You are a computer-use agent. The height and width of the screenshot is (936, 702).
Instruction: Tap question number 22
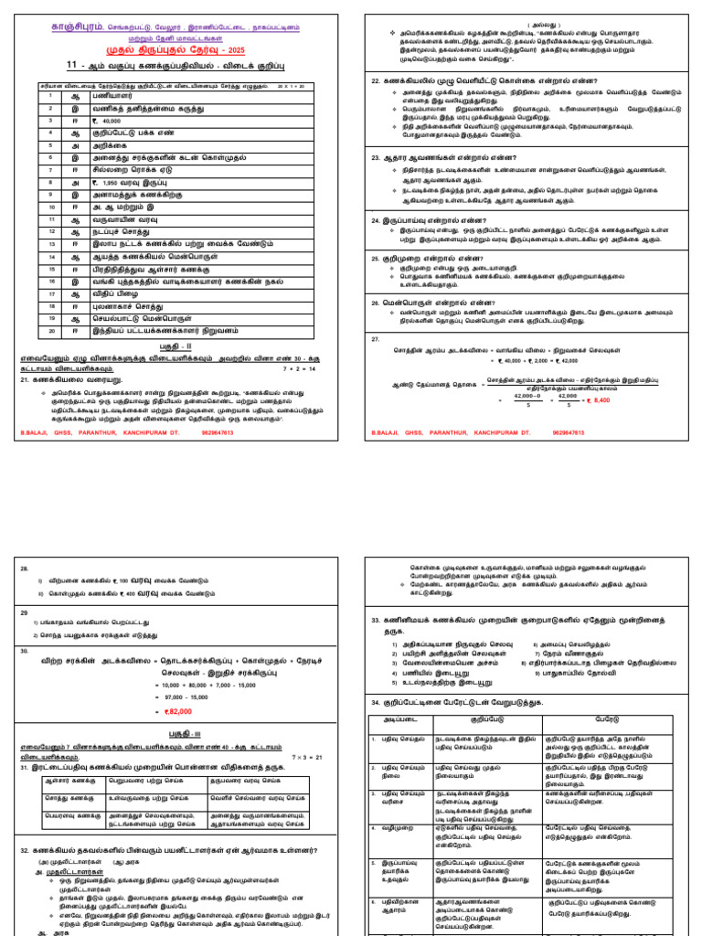[x=376, y=81]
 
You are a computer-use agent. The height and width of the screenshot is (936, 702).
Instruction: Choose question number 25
[x=376, y=259]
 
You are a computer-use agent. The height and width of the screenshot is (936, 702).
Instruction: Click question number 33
[x=376, y=621]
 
